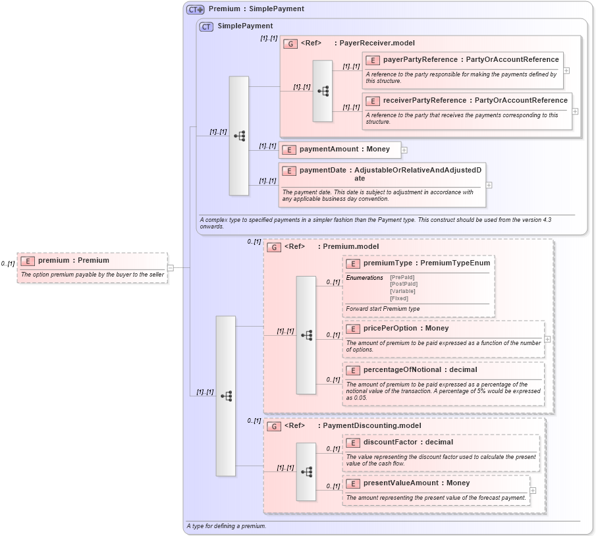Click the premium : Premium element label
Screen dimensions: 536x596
(73, 260)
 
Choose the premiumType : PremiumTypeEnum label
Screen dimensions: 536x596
(426, 263)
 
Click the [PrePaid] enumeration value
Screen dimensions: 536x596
(403, 277)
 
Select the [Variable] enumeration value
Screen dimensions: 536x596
(402, 291)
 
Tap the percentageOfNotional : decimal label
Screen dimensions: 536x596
(420, 369)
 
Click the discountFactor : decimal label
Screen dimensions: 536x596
(408, 442)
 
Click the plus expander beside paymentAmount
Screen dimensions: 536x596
(404, 150)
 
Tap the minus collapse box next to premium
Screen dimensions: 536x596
(171, 267)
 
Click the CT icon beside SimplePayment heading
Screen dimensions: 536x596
(206, 26)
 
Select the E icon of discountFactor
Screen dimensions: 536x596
(352, 442)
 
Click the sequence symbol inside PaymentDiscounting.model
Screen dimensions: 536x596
(306, 471)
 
